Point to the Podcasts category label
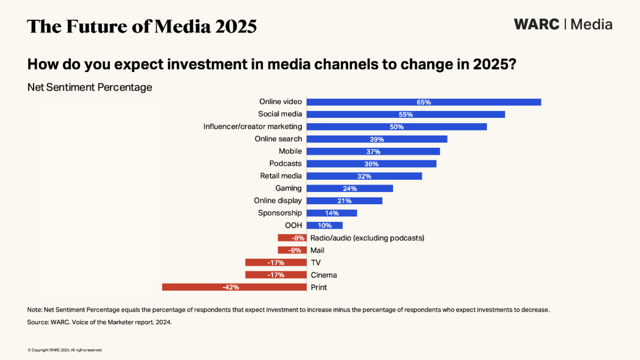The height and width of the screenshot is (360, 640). [285, 164]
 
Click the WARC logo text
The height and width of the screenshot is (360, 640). [537, 25]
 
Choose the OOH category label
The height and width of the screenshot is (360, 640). [293, 226]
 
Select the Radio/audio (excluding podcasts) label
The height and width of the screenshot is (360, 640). [367, 238]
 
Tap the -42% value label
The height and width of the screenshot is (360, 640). [230, 287]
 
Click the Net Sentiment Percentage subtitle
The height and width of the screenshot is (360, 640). [90, 87]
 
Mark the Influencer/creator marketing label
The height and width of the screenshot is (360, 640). [253, 127]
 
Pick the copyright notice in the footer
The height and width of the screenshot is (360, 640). [65, 350]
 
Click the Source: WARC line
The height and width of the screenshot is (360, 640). [99, 323]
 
